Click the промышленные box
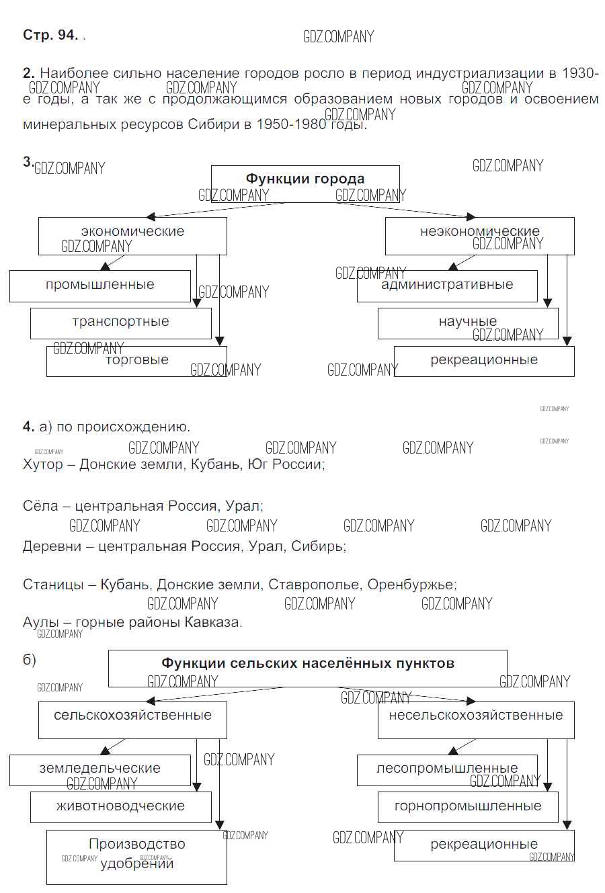(100, 286)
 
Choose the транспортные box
(121, 323)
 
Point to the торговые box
(136, 361)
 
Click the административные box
(447, 286)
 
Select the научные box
(468, 323)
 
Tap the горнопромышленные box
(468, 806)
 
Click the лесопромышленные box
(447, 769)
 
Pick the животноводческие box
(121, 806)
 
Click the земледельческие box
(100, 769)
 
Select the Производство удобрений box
(136, 856)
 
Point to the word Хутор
(43, 464)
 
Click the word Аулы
(41, 622)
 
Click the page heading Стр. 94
(50, 35)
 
